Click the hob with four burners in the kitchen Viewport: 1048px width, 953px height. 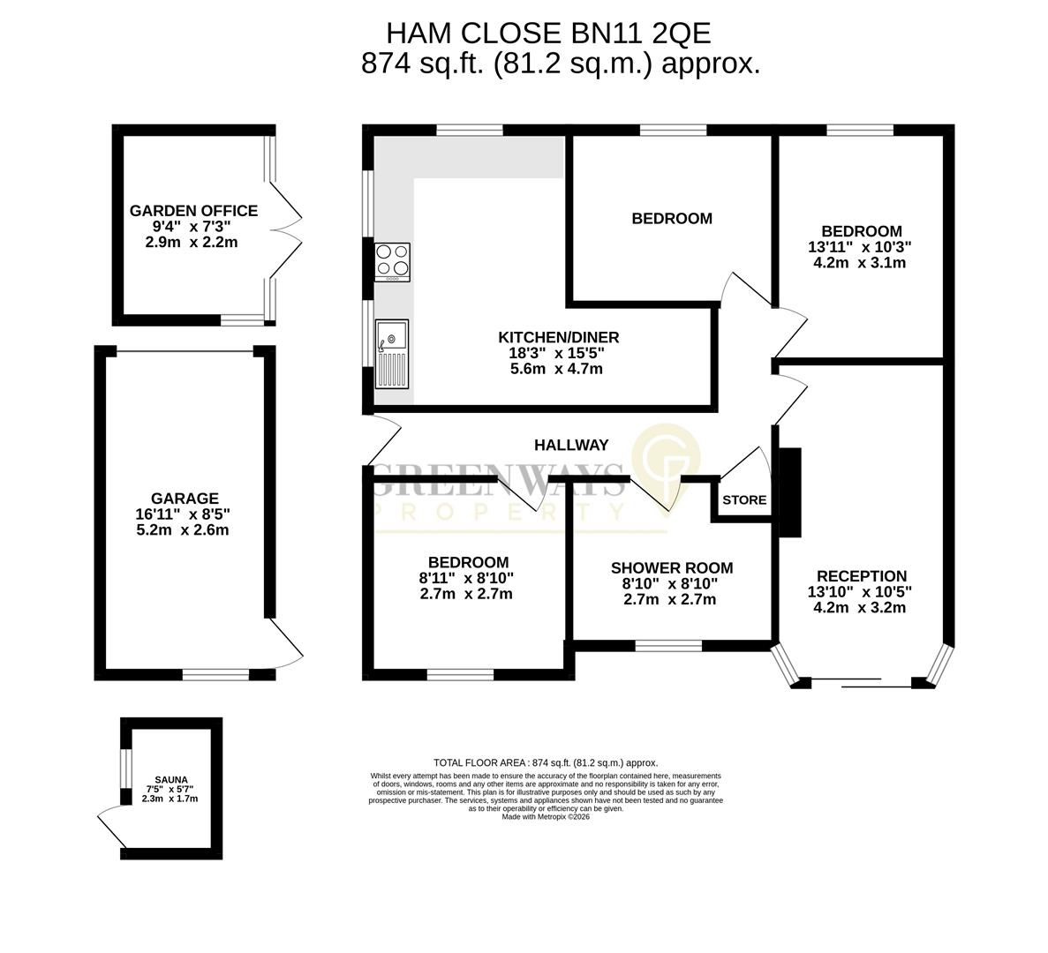pos(393,261)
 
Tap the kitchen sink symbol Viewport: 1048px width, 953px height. pos(393,354)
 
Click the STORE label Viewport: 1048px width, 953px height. pos(744,500)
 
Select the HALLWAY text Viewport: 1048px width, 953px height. pos(571,446)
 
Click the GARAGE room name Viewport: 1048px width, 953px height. pos(184,499)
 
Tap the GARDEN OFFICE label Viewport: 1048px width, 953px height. pos(193,211)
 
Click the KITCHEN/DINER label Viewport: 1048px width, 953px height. pos(558,337)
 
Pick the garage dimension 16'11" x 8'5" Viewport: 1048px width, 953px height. pos(185,515)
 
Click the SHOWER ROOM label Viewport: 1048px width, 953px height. pos(671,568)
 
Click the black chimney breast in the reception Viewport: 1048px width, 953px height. pos(789,492)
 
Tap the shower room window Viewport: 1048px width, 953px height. pos(668,646)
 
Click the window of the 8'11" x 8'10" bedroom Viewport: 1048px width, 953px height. pos(460,675)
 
